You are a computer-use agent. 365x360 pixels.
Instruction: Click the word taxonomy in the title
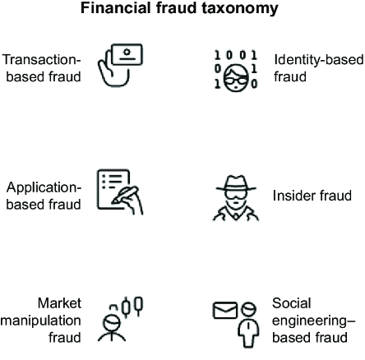[x=240, y=8]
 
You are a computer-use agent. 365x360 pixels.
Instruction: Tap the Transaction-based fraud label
[x=42, y=68]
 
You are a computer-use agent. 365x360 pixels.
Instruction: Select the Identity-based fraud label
[x=319, y=68]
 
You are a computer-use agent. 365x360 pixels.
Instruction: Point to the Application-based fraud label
[x=44, y=196]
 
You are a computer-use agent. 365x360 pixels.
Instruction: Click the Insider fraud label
[x=312, y=196]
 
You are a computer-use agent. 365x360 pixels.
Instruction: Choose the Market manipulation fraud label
[x=41, y=320]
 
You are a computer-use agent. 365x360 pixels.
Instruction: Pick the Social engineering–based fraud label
[x=313, y=320]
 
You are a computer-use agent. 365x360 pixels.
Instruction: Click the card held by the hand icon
[x=127, y=54]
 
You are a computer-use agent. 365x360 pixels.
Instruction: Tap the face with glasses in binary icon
[x=236, y=78]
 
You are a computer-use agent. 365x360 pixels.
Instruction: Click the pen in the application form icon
[x=125, y=195]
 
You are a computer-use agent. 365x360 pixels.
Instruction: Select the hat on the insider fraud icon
[x=236, y=183]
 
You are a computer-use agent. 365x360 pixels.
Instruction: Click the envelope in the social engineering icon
[x=225, y=310]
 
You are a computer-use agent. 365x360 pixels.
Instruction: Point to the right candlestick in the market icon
[x=139, y=306]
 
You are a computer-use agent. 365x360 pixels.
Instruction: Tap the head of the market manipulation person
[x=112, y=323]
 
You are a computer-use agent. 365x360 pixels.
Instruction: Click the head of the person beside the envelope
[x=248, y=310]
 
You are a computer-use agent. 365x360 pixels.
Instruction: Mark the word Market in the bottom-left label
[x=59, y=303]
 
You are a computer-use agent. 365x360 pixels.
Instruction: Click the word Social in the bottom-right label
[x=292, y=303]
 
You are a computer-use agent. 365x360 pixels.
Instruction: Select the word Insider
[x=292, y=196]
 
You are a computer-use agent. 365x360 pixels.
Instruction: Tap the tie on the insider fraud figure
[x=236, y=216]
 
